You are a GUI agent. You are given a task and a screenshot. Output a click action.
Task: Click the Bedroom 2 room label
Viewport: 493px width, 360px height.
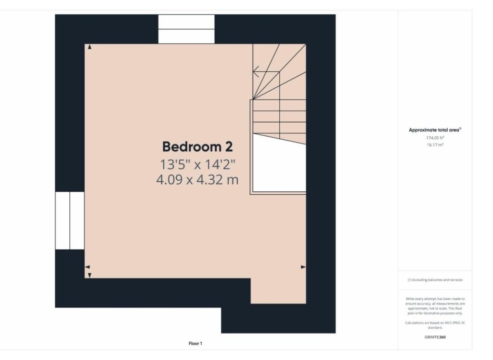click(x=197, y=147)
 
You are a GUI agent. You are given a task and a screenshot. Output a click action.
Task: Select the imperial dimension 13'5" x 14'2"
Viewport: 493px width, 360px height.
click(x=197, y=164)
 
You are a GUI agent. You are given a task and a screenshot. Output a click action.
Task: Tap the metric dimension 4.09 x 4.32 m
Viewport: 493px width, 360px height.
click(x=197, y=180)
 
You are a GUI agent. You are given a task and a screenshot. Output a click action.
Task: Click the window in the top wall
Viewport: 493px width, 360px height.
click(x=186, y=29)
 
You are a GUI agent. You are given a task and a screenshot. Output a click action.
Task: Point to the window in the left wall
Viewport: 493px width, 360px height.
click(x=70, y=220)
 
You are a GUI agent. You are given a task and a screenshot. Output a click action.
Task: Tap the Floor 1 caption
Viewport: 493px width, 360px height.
click(x=195, y=344)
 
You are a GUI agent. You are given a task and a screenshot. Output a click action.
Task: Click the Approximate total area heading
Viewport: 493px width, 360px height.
click(x=435, y=130)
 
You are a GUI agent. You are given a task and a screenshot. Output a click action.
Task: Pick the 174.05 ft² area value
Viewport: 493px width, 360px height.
click(x=435, y=137)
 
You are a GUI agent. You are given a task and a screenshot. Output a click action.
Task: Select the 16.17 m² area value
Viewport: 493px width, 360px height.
click(x=435, y=144)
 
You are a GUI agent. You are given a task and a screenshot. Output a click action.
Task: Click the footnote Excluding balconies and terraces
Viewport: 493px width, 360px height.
click(x=435, y=280)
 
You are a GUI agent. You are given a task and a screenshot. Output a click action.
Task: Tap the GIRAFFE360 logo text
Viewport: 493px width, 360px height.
click(x=435, y=337)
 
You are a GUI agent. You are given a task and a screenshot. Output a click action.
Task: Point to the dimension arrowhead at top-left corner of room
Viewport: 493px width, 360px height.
click(x=89, y=47)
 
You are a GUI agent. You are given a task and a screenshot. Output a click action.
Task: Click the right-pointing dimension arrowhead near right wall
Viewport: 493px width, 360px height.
click(x=303, y=267)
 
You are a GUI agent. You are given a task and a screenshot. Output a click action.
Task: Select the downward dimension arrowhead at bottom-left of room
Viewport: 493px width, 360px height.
click(x=89, y=275)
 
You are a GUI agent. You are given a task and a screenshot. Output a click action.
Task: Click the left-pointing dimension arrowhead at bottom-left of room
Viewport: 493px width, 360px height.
click(x=87, y=267)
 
